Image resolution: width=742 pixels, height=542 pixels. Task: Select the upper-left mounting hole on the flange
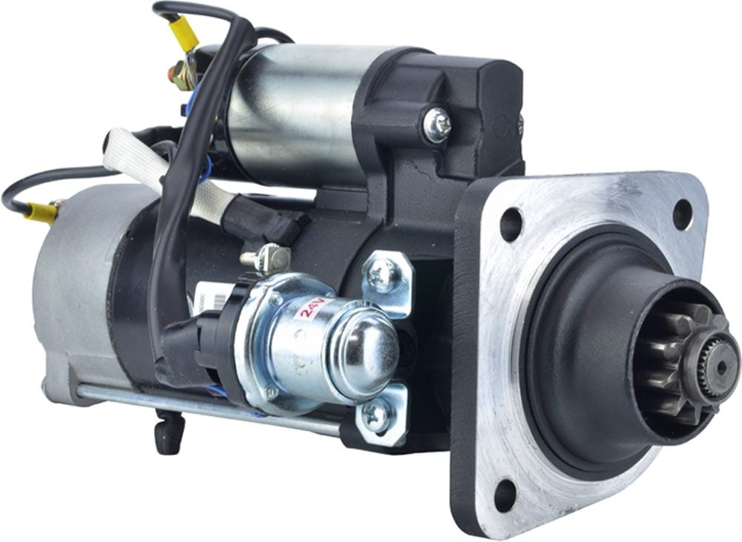(x=510, y=225)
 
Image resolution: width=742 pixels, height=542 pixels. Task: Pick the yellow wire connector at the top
(x=184, y=33)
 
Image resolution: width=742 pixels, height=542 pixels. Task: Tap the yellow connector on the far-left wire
(x=43, y=213)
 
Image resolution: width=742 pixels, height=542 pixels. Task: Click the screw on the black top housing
(x=436, y=125)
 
